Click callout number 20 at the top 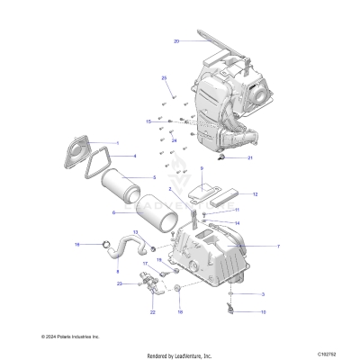click(x=176, y=41)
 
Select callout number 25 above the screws click(x=165, y=78)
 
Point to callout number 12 click(x=255, y=193)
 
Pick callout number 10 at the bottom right click(x=263, y=312)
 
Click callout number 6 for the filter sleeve click(x=113, y=212)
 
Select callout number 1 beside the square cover click(x=117, y=143)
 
